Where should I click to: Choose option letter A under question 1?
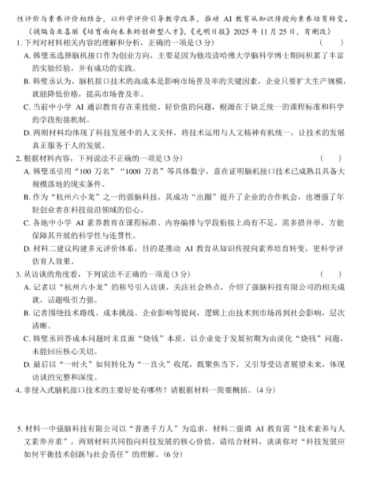tap(27, 55)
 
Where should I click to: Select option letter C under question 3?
tap(27, 338)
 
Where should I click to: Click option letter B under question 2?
tap(27, 197)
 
